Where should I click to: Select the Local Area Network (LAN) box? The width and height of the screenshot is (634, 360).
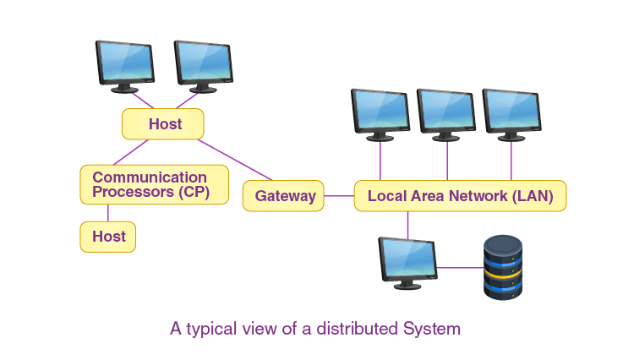pos(460,196)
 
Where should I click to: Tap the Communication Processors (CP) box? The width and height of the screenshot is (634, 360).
pos(154,184)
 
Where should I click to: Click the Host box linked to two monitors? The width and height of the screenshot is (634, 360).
pos(164,124)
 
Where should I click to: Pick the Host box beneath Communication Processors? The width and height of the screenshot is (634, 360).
pos(108,237)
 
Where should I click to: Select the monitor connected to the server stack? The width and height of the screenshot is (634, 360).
pos(407,262)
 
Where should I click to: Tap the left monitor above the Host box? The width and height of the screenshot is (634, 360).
pos(124,64)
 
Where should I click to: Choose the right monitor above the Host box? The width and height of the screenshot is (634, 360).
pos(203,64)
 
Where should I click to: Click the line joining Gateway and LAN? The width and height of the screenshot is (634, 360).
pos(339,196)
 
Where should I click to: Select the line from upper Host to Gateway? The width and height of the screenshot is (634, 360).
pos(235,160)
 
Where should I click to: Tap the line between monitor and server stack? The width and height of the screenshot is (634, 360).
pos(461,268)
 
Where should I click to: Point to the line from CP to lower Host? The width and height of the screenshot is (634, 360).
pos(108,213)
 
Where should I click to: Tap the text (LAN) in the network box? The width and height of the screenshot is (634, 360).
pos(533,197)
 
